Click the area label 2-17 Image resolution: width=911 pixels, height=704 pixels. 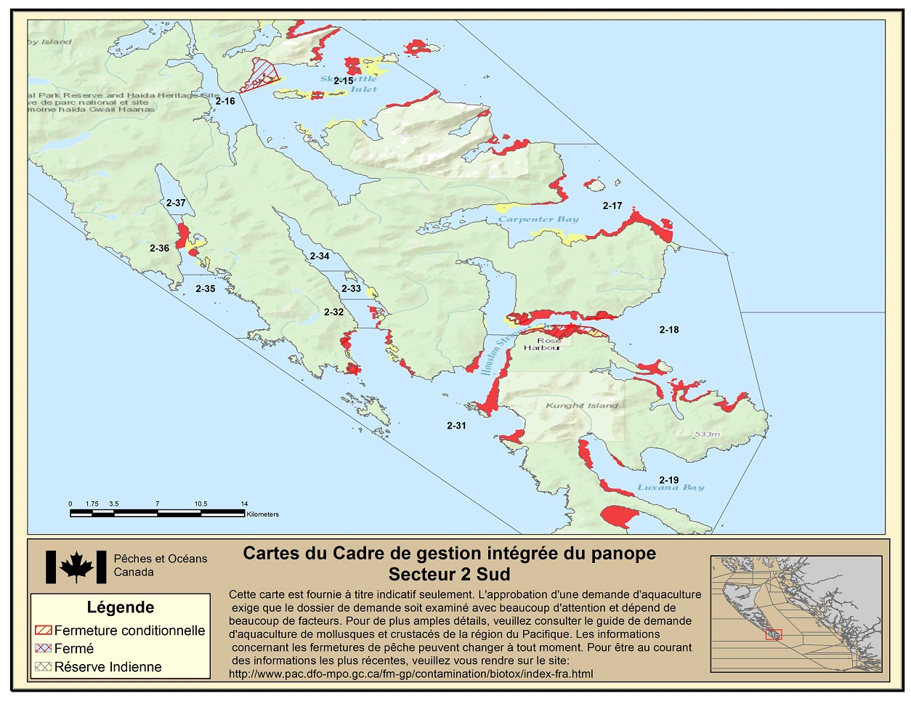click(612, 206)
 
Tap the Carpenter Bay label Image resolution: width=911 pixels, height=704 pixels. click(538, 219)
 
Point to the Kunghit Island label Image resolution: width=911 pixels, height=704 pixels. click(581, 405)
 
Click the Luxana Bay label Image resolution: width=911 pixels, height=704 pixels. click(671, 487)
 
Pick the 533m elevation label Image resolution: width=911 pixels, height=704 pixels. click(706, 434)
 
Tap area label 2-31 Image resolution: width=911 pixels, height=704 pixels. click(456, 426)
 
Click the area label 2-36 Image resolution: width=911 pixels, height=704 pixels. click(159, 248)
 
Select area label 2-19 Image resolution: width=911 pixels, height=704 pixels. click(668, 480)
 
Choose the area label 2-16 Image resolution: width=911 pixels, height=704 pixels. click(225, 101)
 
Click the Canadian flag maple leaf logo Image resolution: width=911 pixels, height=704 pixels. click(76, 567)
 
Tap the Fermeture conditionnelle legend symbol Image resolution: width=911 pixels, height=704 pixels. click(44, 631)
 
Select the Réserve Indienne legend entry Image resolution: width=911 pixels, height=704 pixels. click(108, 667)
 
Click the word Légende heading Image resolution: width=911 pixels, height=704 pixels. click(121, 607)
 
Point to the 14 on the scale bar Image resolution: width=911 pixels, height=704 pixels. click(245, 503)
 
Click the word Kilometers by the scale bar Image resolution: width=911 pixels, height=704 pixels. click(262, 514)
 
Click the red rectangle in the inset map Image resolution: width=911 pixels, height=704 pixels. click(773, 634)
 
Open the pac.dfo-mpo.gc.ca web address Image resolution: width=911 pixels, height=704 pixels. click(410, 673)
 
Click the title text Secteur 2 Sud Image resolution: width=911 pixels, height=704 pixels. click(449, 574)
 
